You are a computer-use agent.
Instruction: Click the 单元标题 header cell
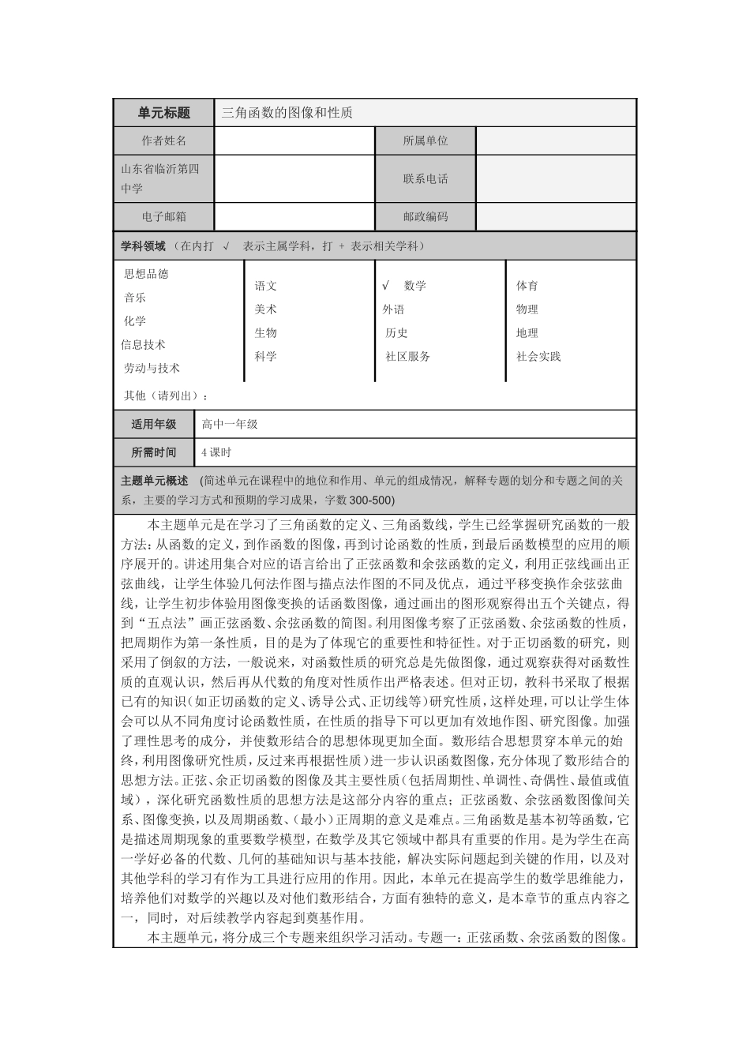pyautogui.click(x=163, y=113)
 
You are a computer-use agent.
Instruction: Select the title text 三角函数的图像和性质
pyautogui.click(x=287, y=113)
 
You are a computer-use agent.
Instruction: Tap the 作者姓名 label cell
pyautogui.click(x=163, y=141)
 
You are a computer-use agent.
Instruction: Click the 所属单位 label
pyautogui.click(x=425, y=141)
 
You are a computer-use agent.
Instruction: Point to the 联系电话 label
pyautogui.click(x=425, y=178)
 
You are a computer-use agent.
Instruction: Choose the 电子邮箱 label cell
pyautogui.click(x=163, y=216)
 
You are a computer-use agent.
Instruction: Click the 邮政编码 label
pyautogui.click(x=425, y=216)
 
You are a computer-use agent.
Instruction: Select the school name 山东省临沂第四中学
pyautogui.click(x=159, y=178)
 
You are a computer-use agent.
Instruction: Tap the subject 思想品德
pyautogui.click(x=146, y=274)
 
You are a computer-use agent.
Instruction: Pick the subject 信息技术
pyautogui.click(x=143, y=345)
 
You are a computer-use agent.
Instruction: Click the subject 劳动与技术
pyautogui.click(x=152, y=369)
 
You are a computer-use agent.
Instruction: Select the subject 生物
pyautogui.click(x=265, y=333)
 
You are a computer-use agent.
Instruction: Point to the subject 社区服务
pyautogui.click(x=407, y=357)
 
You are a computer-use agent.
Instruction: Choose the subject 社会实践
pyautogui.click(x=538, y=357)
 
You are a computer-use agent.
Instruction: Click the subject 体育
pyautogui.click(x=527, y=286)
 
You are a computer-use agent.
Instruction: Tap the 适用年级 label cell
pyautogui.click(x=154, y=425)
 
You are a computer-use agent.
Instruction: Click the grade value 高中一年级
pyautogui.click(x=230, y=425)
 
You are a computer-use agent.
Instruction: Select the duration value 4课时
pyautogui.click(x=216, y=453)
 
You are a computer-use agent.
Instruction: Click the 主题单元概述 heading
pyautogui.click(x=154, y=481)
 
